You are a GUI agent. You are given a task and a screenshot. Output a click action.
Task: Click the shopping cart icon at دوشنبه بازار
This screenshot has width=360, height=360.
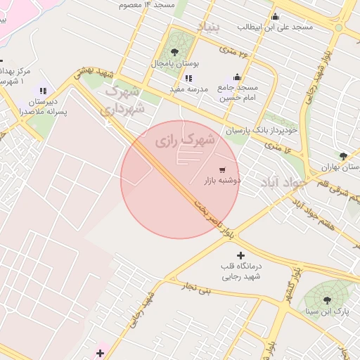click(223, 169)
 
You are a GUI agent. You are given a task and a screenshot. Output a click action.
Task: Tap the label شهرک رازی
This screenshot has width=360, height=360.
click(184, 141)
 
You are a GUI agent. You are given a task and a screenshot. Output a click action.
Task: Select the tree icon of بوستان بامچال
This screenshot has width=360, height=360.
click(174, 51)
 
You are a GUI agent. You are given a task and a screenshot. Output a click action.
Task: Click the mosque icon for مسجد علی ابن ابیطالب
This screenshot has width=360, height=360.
click(275, 17)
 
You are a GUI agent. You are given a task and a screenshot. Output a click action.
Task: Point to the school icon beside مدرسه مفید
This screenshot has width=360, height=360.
click(188, 78)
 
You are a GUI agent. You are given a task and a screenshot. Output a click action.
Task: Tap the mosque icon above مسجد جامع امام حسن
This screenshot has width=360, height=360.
click(237, 77)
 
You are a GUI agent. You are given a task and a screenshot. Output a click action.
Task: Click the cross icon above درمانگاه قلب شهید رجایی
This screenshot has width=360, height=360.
click(241, 255)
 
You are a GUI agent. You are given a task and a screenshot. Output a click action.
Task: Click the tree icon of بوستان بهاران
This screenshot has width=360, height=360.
click(343, 156)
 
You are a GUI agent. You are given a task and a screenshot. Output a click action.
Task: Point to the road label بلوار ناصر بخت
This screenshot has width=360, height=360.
click(208, 212)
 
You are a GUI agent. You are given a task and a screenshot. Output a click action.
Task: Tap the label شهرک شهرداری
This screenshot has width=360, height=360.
click(124, 100)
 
